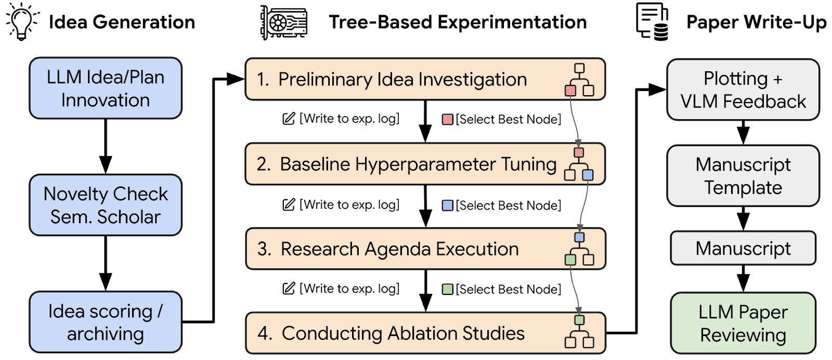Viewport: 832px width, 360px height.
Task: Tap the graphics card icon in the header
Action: tap(283, 22)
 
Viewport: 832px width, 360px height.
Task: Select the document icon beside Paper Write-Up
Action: tap(652, 22)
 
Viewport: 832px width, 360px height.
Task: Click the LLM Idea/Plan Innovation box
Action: tap(106, 88)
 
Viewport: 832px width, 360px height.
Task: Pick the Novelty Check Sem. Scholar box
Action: tap(106, 205)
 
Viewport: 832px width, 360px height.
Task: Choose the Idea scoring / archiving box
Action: tap(106, 322)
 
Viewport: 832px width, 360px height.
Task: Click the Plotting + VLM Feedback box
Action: tap(743, 89)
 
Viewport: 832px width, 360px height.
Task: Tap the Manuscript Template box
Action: tap(743, 176)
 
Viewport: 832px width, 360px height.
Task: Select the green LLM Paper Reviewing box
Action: tap(743, 323)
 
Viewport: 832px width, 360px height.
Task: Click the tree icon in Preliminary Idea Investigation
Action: tap(579, 80)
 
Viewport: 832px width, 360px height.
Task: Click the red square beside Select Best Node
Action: tap(447, 120)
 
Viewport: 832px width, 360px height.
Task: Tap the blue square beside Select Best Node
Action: tap(447, 205)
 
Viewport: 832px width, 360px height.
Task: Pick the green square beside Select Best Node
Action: tap(447, 289)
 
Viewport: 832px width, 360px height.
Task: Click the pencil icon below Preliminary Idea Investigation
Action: tap(289, 119)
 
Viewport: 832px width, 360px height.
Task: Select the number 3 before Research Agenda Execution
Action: tap(264, 249)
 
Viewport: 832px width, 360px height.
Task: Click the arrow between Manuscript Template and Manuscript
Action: tap(743, 218)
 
